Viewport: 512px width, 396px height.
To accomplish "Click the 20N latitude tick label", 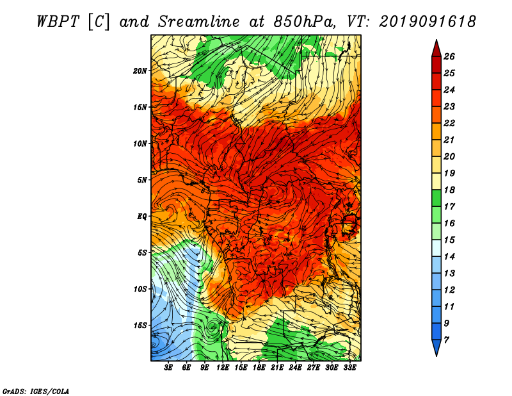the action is tap(140, 71).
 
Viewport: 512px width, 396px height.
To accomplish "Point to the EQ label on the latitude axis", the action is tap(141, 217).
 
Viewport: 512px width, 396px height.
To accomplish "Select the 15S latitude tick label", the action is tap(140, 326).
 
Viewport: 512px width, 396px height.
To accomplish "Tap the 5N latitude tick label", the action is tap(142, 180).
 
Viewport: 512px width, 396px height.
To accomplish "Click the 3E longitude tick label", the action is tap(168, 368).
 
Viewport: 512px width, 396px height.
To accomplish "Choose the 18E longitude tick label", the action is tap(259, 368).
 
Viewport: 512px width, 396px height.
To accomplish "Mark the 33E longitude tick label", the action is tap(349, 368).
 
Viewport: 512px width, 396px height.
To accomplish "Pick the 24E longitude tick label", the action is tap(295, 368).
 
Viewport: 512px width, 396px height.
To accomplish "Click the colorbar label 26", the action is tap(449, 56).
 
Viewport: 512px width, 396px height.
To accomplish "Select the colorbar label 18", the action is tap(449, 190).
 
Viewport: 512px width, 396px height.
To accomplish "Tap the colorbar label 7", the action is tap(446, 340).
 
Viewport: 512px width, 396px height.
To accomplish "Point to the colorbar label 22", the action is tap(449, 123).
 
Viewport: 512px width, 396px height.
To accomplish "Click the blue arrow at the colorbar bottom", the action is tap(436, 347).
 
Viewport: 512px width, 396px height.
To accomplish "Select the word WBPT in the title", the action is tap(58, 22).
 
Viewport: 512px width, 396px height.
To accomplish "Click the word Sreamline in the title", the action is tap(198, 22).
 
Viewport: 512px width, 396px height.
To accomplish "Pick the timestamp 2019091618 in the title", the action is tap(428, 22).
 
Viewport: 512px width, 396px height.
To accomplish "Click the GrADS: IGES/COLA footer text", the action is tap(36, 392).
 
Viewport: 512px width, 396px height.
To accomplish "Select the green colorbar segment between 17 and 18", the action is tap(436, 198).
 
